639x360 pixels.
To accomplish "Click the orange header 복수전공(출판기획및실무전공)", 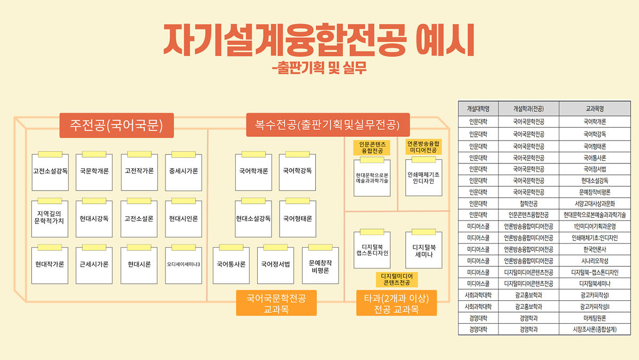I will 327,126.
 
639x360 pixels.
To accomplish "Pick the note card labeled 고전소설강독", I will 50,171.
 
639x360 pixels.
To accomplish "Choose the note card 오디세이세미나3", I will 184,264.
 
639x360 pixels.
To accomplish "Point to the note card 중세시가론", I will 184,171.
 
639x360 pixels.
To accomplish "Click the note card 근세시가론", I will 94,264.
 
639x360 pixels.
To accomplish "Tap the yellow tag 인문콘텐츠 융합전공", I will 372,148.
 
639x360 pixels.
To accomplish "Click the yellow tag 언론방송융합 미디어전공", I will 424,147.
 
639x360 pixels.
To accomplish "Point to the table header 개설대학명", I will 478,108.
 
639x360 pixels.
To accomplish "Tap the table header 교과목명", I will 594,108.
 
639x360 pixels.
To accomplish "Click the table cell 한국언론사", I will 594,249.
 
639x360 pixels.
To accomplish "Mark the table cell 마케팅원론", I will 594,318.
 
